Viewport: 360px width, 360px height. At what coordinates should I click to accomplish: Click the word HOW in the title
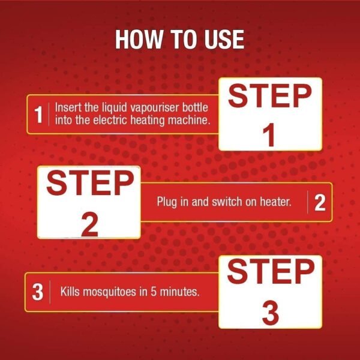(139, 39)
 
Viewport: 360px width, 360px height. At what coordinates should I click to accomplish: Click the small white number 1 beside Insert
(38, 115)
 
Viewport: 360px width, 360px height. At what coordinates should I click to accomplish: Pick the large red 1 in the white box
(269, 134)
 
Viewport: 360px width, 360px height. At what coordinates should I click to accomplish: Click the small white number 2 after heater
(320, 203)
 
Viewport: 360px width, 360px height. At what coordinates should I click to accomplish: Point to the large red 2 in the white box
(90, 224)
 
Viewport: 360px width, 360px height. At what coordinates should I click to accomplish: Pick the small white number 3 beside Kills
(38, 292)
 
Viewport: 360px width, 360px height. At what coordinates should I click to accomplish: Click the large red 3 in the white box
(271, 313)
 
